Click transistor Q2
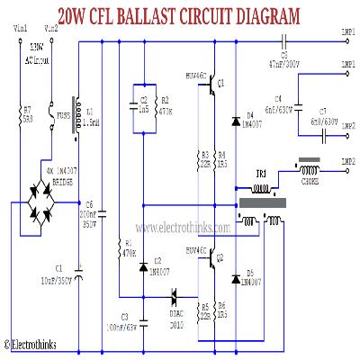tap(213, 260)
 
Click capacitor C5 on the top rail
tap(284, 39)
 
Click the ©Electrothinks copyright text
tap(32, 344)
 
